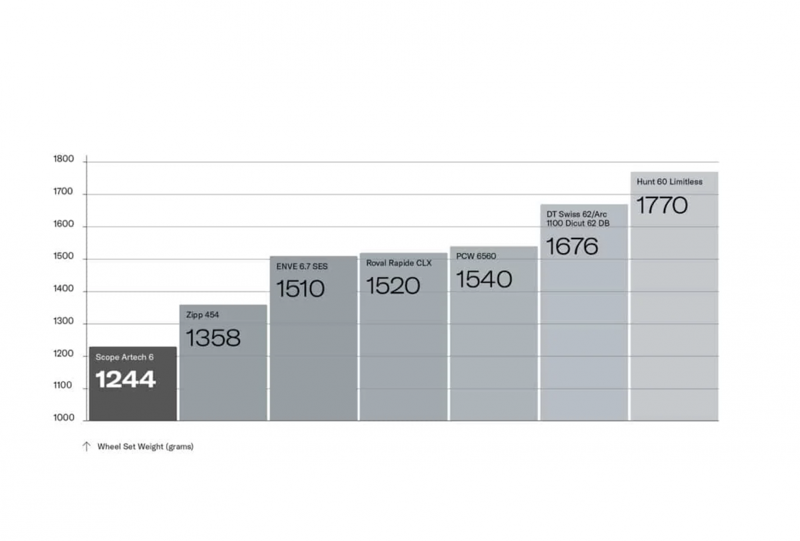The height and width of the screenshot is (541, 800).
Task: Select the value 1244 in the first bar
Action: [x=125, y=380]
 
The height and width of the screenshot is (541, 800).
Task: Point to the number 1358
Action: [x=213, y=338]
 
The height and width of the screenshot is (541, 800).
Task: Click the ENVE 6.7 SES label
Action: [x=302, y=267]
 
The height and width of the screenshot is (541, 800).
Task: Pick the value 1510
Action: [x=301, y=289]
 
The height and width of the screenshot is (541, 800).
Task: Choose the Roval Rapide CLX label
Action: [x=399, y=263]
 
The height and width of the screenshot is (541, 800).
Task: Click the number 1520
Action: [x=393, y=286]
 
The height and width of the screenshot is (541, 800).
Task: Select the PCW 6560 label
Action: [x=476, y=257]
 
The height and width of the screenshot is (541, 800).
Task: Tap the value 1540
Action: [x=484, y=279]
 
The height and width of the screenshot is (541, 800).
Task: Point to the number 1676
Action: [x=573, y=247]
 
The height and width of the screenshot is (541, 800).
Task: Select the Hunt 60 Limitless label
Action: [x=669, y=182]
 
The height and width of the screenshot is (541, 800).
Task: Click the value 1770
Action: [x=662, y=205]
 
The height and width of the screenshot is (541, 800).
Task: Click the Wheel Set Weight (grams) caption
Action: [x=145, y=446]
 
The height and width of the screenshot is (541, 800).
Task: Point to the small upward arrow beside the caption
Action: [x=86, y=446]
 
